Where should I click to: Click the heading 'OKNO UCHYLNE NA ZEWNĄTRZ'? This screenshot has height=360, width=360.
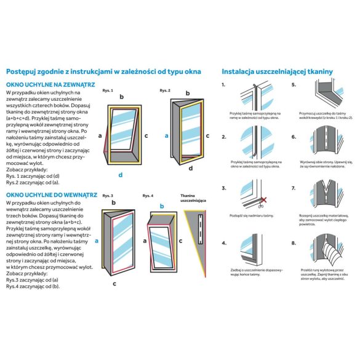(50, 84)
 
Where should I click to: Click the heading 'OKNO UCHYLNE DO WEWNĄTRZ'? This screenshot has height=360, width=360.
(50, 194)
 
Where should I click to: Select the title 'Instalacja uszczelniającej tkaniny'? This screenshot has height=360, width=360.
(277, 71)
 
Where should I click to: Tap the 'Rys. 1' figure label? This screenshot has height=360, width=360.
(108, 90)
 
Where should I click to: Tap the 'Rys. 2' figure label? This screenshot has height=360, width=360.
(164, 90)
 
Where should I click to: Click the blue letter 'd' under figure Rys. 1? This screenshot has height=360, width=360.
(121, 175)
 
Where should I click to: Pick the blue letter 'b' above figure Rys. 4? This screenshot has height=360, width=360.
(162, 206)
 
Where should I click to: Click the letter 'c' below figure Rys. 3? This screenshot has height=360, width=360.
(114, 283)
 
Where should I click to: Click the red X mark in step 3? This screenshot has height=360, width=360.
(263, 199)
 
